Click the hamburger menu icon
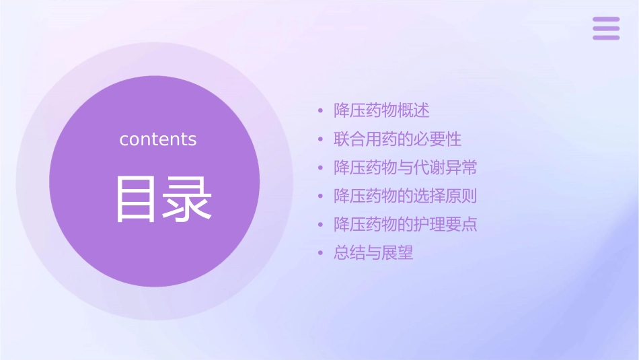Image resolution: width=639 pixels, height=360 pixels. (x=606, y=28)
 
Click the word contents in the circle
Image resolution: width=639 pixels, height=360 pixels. (x=158, y=139)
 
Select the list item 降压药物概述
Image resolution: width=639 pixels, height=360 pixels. (x=381, y=110)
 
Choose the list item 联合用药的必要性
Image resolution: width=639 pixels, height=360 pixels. (x=398, y=139)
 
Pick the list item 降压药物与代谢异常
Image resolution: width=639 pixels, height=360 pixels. (x=406, y=168)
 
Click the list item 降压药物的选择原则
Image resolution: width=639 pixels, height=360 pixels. (x=406, y=196)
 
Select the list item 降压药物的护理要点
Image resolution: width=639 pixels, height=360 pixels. (x=406, y=225)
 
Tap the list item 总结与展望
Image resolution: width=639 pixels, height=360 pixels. (x=373, y=253)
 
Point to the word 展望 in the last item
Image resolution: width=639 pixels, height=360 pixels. (x=398, y=253)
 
